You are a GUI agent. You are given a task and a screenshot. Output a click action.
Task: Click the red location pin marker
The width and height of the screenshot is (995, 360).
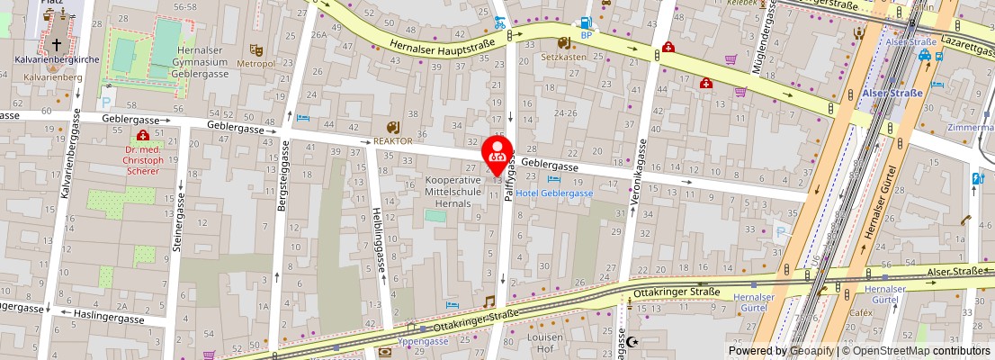(497, 154)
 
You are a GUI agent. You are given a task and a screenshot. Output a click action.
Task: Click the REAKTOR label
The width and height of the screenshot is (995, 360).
(393, 141)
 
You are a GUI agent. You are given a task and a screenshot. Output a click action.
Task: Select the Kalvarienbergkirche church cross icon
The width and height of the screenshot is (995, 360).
(56, 43)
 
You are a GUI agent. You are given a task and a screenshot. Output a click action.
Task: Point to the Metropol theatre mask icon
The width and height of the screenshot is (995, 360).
(255, 50)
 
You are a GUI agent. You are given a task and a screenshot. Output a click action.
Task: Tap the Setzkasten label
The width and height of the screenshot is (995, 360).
(563, 56)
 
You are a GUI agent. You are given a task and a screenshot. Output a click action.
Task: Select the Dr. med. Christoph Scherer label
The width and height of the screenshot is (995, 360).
(144, 160)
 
